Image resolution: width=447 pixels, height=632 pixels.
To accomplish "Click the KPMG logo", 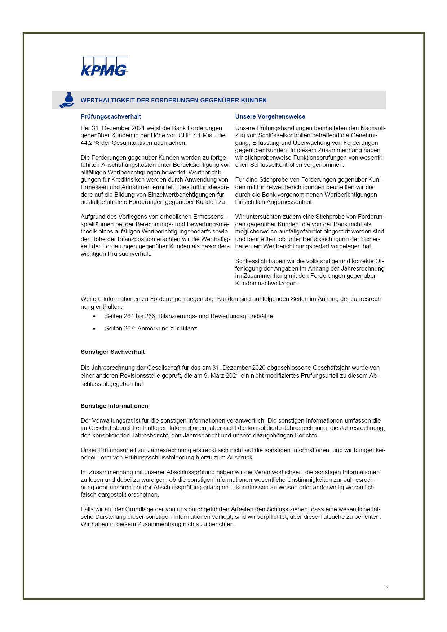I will coord(104,66).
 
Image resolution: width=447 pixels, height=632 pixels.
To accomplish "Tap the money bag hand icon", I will coord(67,100).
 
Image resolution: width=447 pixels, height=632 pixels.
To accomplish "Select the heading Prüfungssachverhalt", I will coord(111,116).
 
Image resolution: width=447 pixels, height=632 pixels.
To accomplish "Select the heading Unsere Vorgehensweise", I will coord(270,116).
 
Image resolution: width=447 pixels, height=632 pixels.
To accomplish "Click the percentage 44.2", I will coord(87,143).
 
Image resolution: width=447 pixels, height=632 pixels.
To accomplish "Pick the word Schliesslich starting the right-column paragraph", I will coord(251,261).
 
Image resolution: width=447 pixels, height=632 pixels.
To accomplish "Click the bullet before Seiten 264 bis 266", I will coord(94,316).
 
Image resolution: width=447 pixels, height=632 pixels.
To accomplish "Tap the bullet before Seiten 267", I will coord(94,329).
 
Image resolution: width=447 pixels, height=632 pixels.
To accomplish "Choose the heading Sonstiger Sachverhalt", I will coord(112,352).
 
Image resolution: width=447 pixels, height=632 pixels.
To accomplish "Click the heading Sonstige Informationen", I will coord(114,406).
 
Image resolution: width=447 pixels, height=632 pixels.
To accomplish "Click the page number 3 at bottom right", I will coord(386,587).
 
